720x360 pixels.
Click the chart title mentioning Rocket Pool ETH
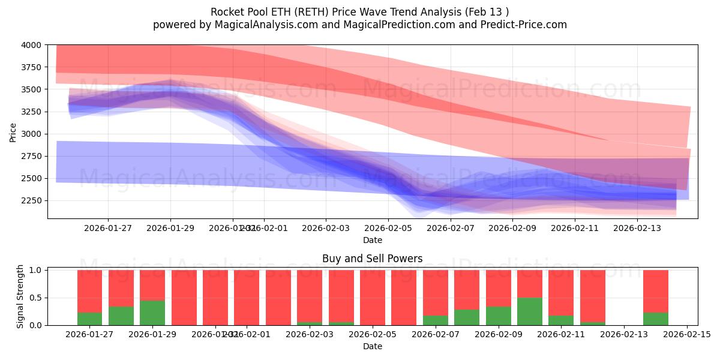coord(359,12)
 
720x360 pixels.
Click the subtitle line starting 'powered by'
coord(359,25)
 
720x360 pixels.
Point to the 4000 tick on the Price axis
coord(33,45)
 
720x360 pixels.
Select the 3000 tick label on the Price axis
coord(33,134)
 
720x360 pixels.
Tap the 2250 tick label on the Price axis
coord(33,200)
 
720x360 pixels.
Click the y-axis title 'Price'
coord(13,132)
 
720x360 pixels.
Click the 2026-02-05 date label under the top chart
coord(388,228)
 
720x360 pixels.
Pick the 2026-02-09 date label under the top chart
coord(513,228)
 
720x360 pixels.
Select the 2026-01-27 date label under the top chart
coord(108,228)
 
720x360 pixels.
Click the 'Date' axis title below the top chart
coord(373,240)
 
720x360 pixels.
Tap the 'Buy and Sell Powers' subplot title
coord(373,259)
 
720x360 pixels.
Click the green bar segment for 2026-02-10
coord(530,311)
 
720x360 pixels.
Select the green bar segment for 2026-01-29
coord(152,313)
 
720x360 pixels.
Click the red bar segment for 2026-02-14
coord(656,291)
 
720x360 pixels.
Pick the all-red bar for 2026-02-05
coord(373,298)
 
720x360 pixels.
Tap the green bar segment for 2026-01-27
coord(89,319)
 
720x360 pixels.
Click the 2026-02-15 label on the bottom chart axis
coord(687,335)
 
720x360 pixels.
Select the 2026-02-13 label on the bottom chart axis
coord(624,335)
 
